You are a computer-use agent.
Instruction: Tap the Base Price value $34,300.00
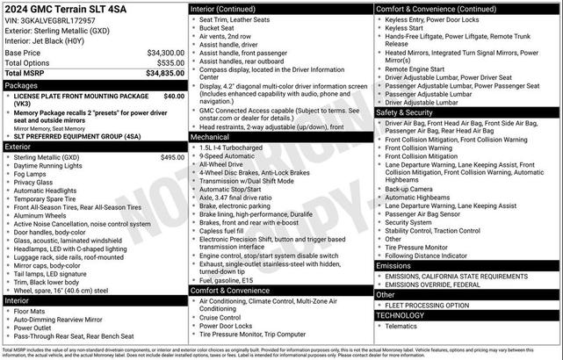[165, 53]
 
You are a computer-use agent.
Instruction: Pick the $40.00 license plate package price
[174, 96]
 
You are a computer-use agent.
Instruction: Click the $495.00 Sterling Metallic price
[172, 157]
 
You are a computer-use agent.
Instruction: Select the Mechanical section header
[210, 137]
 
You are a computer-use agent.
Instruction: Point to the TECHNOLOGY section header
[401, 314]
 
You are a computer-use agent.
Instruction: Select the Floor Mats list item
[31, 311]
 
